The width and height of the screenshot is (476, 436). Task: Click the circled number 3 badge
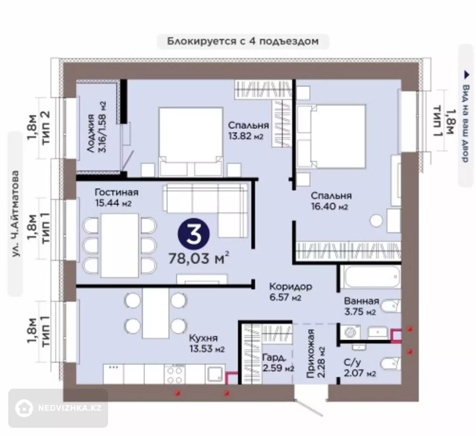194,234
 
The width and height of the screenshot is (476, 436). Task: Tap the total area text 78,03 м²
199,258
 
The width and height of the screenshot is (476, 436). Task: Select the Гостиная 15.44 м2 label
116,198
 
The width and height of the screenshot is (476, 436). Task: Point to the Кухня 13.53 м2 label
207,343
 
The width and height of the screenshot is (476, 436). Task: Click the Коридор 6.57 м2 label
291,292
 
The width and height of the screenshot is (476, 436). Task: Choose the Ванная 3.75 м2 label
362,306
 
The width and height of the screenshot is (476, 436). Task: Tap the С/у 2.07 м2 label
360,368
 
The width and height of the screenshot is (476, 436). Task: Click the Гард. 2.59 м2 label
278,363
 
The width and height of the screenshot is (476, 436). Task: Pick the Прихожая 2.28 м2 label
316,353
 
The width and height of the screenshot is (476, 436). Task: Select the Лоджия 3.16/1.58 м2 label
97,127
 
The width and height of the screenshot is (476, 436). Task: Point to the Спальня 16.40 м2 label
331,201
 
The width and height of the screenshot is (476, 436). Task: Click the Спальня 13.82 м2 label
248,131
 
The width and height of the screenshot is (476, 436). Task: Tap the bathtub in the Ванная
371,276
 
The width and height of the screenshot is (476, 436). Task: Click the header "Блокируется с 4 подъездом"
243,41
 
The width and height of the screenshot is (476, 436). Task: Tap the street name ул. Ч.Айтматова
15,213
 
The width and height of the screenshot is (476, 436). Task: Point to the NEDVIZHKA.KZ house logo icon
24,408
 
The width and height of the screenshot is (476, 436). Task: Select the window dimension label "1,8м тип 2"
38,127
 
